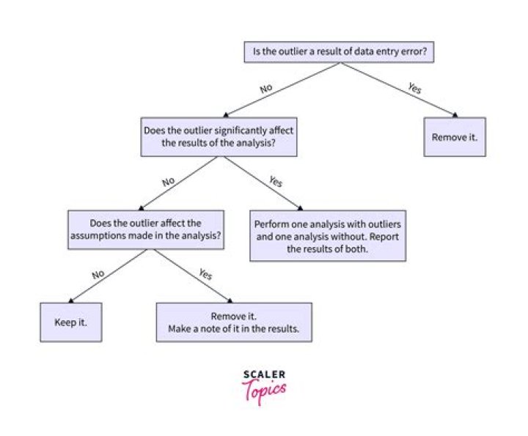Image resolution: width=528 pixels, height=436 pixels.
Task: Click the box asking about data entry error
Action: (340, 52)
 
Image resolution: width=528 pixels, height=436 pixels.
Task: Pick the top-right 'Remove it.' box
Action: (454, 136)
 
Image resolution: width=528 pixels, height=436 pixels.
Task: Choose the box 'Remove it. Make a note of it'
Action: (233, 322)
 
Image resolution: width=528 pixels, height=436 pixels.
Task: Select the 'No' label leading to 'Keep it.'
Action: (98, 273)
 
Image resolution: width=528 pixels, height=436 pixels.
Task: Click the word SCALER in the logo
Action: (264, 375)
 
